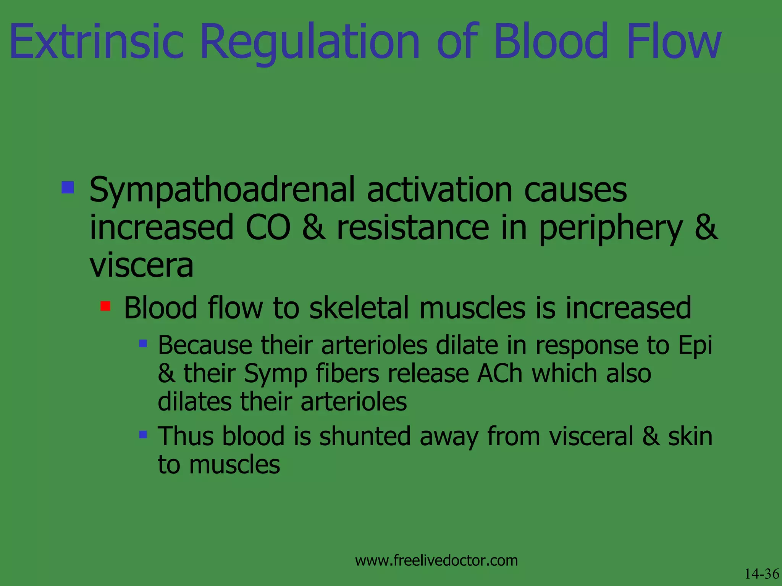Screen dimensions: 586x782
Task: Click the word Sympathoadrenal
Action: pyautogui.click(x=222, y=190)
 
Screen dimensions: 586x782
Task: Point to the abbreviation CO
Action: pyautogui.click(x=268, y=227)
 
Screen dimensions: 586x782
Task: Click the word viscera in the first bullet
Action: pyautogui.click(x=141, y=265)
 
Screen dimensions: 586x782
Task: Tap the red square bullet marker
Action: pyautogui.click(x=105, y=306)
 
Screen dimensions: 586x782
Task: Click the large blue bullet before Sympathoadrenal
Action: pyautogui.click(x=68, y=187)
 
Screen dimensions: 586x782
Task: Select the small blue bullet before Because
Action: pyautogui.click(x=143, y=344)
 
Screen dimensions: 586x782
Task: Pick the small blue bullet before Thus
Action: pyautogui.click(x=143, y=435)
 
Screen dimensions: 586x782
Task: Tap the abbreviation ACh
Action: pyautogui.click(x=499, y=373)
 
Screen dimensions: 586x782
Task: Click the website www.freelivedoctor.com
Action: pyautogui.click(x=436, y=560)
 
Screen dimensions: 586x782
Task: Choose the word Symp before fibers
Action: pyautogui.click(x=276, y=374)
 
